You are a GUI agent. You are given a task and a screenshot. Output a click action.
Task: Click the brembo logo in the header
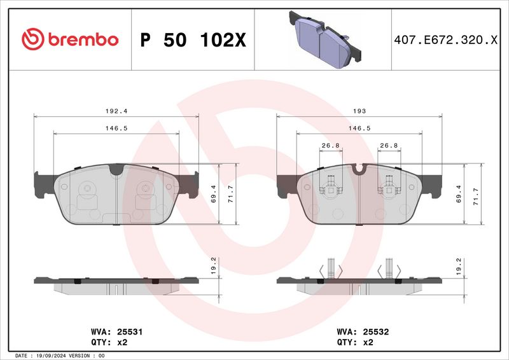pos(70,39)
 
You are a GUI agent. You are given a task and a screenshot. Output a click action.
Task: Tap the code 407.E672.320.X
pos(446,39)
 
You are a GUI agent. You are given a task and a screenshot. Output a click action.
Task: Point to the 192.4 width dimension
pos(112,111)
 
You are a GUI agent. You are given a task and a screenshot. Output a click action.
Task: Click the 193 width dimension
pos(359,111)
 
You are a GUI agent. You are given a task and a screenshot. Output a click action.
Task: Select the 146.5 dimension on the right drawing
pos(359,128)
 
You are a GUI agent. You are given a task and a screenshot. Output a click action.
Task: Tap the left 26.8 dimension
pos(330,146)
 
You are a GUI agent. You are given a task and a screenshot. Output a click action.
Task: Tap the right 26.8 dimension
pos(388,146)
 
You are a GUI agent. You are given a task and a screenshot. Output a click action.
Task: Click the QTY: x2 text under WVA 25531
pos(110,342)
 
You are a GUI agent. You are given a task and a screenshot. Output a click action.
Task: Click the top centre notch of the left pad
pos(116,169)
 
